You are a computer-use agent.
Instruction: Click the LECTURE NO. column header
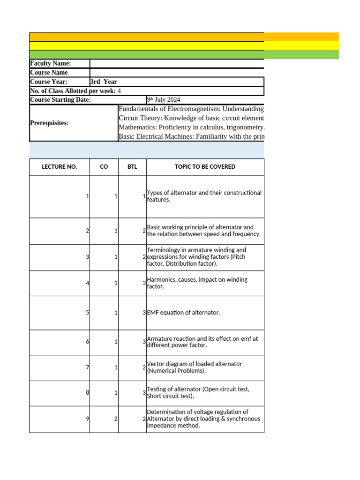point(59,167)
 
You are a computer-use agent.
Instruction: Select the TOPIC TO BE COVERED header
point(205,167)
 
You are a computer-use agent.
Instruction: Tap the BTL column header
point(132,167)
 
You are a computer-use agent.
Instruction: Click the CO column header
point(104,167)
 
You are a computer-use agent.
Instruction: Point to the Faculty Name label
point(51,63)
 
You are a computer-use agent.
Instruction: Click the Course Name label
point(49,73)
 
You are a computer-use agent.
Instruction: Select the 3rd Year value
point(104,82)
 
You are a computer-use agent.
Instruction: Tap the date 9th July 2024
point(163,100)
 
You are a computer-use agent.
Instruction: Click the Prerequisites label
point(49,123)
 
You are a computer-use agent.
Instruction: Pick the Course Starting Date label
point(60,100)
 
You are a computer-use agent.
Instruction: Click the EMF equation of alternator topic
point(183,313)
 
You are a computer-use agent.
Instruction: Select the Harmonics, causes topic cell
point(197,283)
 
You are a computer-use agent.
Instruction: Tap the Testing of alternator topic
point(198,393)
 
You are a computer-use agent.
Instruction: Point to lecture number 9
point(88,419)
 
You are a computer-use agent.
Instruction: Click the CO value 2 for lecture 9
point(116,419)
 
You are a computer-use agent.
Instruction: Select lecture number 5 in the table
point(88,313)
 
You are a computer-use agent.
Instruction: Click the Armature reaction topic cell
point(202,342)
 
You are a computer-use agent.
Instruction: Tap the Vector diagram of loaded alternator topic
point(195,367)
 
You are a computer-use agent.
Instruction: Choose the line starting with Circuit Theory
point(191,118)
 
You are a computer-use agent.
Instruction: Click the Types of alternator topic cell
point(204,196)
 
